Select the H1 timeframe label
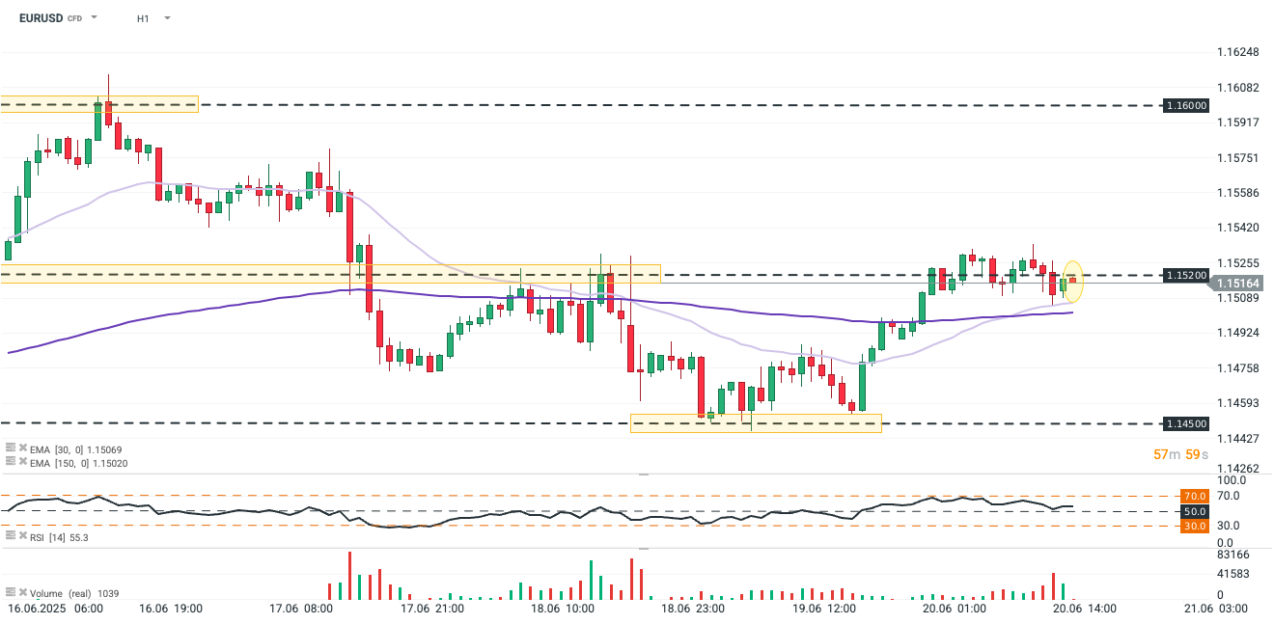click(x=143, y=18)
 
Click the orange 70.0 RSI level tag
click(x=1194, y=496)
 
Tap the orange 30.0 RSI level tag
click(x=1194, y=526)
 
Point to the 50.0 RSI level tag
click(x=1194, y=511)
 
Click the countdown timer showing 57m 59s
click(x=1180, y=453)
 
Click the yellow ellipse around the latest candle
click(x=1072, y=281)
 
